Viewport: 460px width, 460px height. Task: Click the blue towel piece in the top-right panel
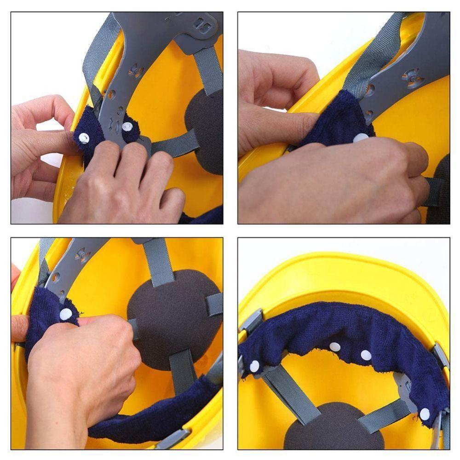[331, 124]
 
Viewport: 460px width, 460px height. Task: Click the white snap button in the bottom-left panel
[66, 314]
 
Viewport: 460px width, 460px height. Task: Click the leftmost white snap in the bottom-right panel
[254, 366]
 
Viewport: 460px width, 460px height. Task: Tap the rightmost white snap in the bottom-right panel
[425, 414]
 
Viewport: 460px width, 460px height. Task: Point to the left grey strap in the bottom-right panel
[285, 391]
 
